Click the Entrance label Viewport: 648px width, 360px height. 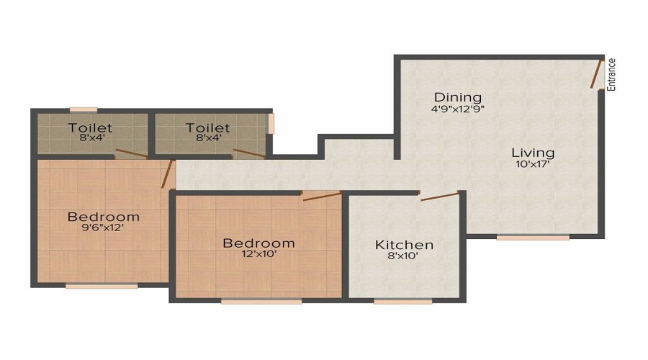pos(611,75)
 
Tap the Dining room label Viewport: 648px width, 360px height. pos(458,97)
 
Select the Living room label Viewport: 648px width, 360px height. pos(533,153)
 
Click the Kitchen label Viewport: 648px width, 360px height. pos(404,245)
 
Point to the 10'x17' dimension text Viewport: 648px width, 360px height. pos(533,164)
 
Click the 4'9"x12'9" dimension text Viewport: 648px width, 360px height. pos(458,109)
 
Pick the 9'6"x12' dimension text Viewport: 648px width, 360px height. pos(103,228)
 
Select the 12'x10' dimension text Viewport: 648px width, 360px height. pos(258,253)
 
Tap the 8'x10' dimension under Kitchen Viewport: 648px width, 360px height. pos(403,256)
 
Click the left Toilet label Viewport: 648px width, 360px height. pos(90,127)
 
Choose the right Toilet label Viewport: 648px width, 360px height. pos(207,127)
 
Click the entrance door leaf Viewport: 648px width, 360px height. pos(595,74)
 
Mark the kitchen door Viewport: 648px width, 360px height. pos(440,196)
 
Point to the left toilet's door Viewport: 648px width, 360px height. pos(132,153)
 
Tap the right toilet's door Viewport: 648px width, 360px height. pos(249,153)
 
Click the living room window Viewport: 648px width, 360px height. pos(533,238)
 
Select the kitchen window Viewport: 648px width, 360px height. pos(403,302)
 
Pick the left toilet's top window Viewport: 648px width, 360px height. pos(84,110)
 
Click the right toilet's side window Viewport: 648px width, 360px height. pos(271,124)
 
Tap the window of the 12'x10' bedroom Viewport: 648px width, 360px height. pos(261,302)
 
